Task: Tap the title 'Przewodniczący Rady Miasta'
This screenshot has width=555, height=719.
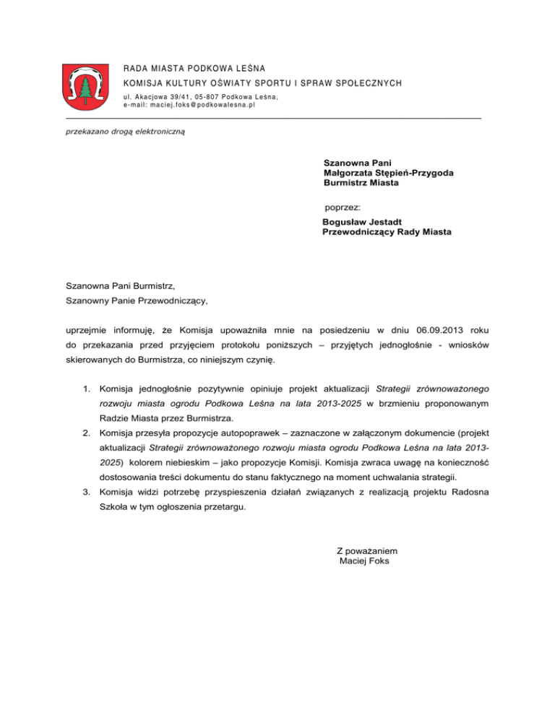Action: [387, 232]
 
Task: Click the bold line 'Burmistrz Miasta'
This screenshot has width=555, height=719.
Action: [361, 183]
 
